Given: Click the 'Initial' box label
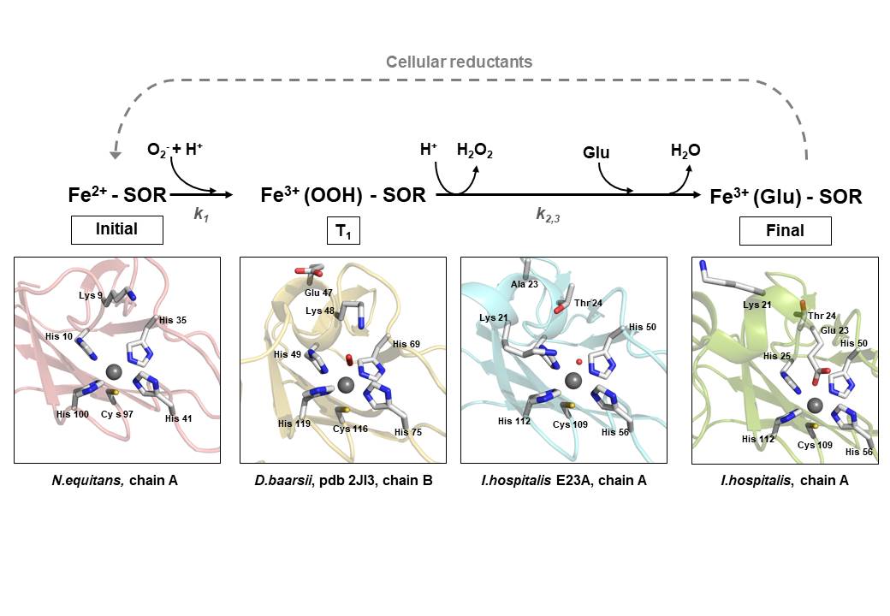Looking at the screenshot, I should click(x=116, y=229).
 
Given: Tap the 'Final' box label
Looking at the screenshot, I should click(x=785, y=230).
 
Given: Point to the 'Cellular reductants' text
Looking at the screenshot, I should click(x=459, y=62).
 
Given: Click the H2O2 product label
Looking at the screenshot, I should click(x=475, y=151).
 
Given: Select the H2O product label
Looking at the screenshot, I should click(x=685, y=151).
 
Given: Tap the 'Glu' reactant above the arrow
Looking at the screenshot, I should click(x=596, y=152).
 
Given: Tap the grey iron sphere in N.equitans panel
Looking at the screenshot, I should click(x=113, y=370).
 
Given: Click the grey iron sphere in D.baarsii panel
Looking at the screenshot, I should click(x=346, y=385).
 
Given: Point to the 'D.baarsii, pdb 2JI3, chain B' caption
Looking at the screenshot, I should click(x=342, y=481).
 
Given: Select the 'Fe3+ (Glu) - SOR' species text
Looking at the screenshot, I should click(x=786, y=197).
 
